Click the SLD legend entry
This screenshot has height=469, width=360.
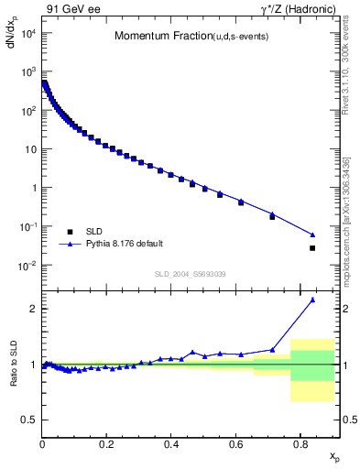coord(81,231)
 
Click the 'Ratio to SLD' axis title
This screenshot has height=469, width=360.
coord(13,376)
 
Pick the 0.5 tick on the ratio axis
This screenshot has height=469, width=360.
coord(30,420)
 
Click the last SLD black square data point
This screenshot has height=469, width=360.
coord(312,248)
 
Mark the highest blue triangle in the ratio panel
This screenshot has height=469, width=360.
coord(312,300)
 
